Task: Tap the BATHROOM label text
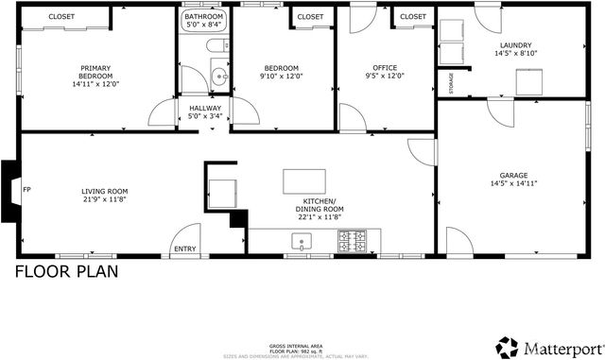204,17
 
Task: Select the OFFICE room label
385,68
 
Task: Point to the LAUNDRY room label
516,45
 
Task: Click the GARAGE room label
514,175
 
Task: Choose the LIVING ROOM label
104,192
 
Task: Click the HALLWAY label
205,109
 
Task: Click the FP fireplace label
26,187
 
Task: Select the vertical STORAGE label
451,83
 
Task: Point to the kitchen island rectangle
303,180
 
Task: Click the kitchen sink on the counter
302,243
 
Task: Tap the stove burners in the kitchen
354,244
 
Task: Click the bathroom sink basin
219,77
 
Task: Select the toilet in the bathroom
214,46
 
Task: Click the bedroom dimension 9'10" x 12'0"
281,77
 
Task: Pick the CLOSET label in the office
412,17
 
